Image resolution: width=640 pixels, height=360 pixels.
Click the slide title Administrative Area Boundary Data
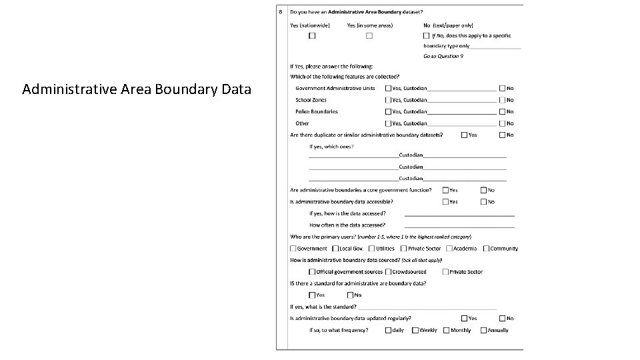(x=137, y=89)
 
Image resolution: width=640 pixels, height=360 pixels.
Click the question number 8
(x=281, y=12)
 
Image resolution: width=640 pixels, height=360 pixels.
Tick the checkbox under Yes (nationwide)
(x=311, y=35)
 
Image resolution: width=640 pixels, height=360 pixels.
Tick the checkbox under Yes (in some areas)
(x=369, y=35)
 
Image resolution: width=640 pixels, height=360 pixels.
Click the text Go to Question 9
(x=443, y=56)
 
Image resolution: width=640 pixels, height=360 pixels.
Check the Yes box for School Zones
(x=388, y=100)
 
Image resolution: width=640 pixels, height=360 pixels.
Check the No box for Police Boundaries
(x=502, y=111)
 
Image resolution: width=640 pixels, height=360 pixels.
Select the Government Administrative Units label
(x=335, y=88)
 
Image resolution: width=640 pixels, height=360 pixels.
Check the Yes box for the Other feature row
(x=388, y=123)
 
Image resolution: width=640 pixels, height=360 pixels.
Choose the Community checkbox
(x=486, y=249)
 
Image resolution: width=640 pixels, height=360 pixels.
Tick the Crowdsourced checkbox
(x=388, y=272)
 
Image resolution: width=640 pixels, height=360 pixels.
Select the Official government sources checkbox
(x=312, y=272)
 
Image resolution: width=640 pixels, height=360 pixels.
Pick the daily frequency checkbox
(x=388, y=330)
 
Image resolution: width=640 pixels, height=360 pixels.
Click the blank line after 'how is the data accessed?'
(x=459, y=215)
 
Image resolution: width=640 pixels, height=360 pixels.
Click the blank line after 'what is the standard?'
(x=427, y=308)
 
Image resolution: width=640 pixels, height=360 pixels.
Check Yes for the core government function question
(x=445, y=190)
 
